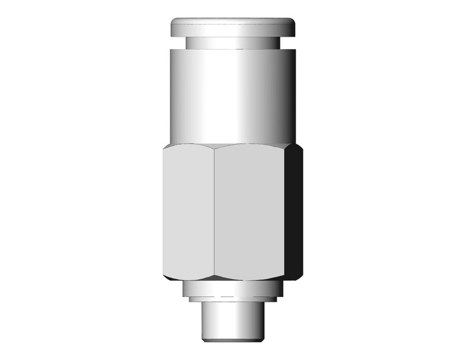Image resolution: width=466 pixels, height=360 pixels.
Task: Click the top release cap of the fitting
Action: click(233, 27)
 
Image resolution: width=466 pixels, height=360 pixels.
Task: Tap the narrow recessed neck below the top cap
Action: click(233, 43)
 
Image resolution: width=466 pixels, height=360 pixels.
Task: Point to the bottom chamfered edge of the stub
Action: click(233, 338)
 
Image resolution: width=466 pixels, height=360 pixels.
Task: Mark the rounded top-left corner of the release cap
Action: click(174, 22)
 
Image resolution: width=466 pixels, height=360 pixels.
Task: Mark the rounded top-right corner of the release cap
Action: click(294, 22)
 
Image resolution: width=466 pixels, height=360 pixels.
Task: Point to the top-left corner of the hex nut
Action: click(164, 148)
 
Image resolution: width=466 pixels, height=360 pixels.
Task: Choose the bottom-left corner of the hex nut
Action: click(164, 276)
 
